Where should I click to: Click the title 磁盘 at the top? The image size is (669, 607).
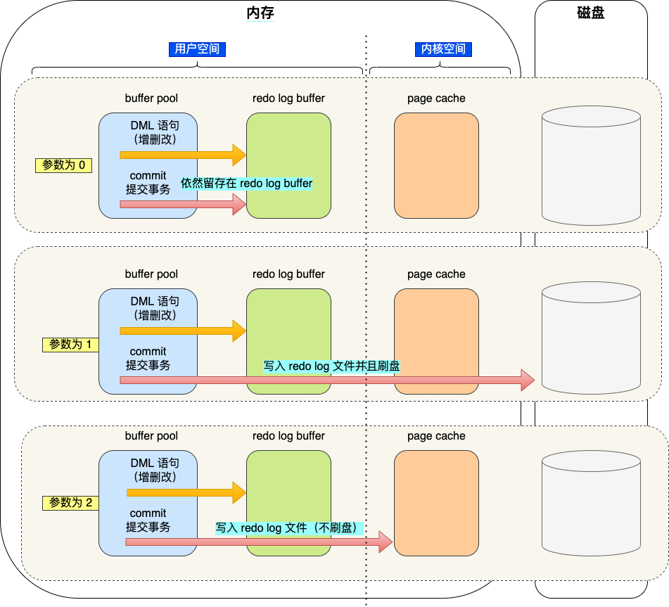click(x=590, y=13)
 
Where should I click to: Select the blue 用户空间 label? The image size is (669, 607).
click(x=197, y=49)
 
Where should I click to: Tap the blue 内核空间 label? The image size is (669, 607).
click(x=443, y=49)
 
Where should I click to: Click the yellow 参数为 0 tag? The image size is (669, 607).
click(x=63, y=165)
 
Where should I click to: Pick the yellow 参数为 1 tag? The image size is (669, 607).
click(x=70, y=345)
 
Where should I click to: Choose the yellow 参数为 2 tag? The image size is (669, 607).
click(x=70, y=503)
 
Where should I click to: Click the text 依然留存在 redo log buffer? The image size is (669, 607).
click(x=246, y=184)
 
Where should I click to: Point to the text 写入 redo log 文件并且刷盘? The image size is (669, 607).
click(x=331, y=366)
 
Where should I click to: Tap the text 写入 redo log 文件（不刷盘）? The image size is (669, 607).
click(x=288, y=528)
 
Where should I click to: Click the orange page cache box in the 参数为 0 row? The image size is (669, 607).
click(x=436, y=165)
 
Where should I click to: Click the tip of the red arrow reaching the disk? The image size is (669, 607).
click(x=532, y=380)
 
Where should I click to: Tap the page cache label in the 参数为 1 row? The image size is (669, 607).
click(x=436, y=274)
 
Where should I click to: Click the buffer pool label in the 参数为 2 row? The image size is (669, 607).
click(x=151, y=436)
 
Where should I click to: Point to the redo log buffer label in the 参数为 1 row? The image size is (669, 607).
click(x=288, y=274)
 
